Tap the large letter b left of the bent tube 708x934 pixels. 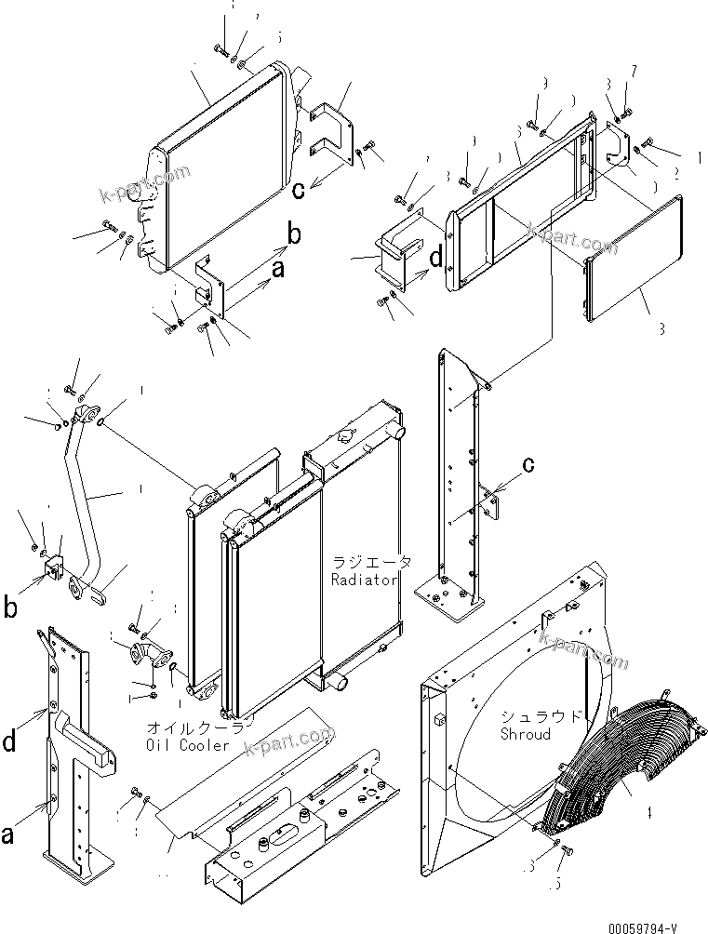click(x=11, y=608)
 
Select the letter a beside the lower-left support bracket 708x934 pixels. click(x=7, y=835)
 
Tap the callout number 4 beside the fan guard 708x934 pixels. click(x=648, y=812)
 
